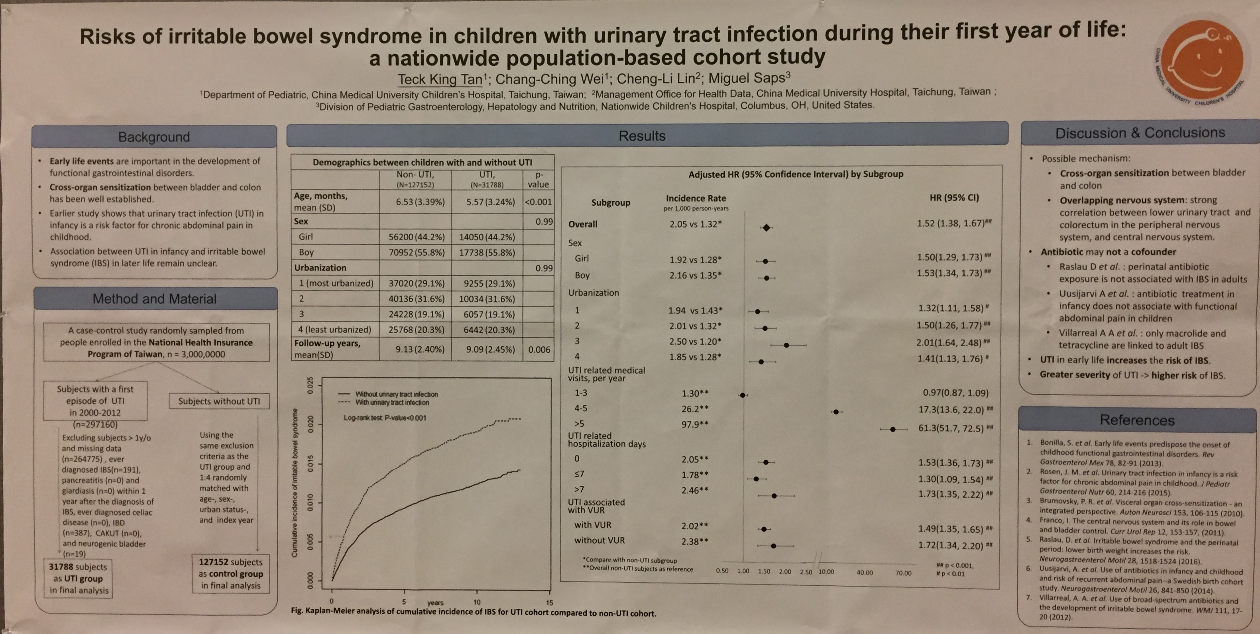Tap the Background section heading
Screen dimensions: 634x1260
154,137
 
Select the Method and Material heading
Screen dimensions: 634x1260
155,298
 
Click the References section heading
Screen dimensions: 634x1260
1137,420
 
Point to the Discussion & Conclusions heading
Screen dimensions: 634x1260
1140,133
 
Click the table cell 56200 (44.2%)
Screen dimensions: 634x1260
416,237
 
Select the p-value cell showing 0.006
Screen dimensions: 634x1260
539,349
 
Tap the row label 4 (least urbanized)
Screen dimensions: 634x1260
334,330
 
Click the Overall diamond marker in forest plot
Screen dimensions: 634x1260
766,228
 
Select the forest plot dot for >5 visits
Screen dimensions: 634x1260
892,429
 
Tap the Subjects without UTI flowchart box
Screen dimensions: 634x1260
219,401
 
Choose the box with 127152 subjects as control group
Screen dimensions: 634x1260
230,574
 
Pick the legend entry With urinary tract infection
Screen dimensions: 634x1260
391,402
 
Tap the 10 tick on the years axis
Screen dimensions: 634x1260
477,602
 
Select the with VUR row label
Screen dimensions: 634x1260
592,525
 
